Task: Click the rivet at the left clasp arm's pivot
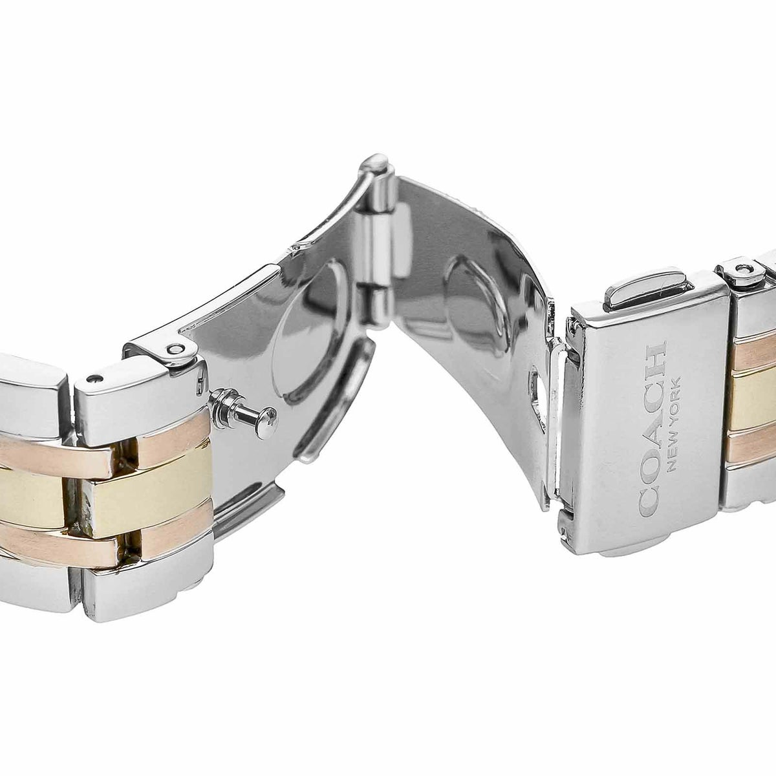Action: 176,350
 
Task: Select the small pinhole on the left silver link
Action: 94,378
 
